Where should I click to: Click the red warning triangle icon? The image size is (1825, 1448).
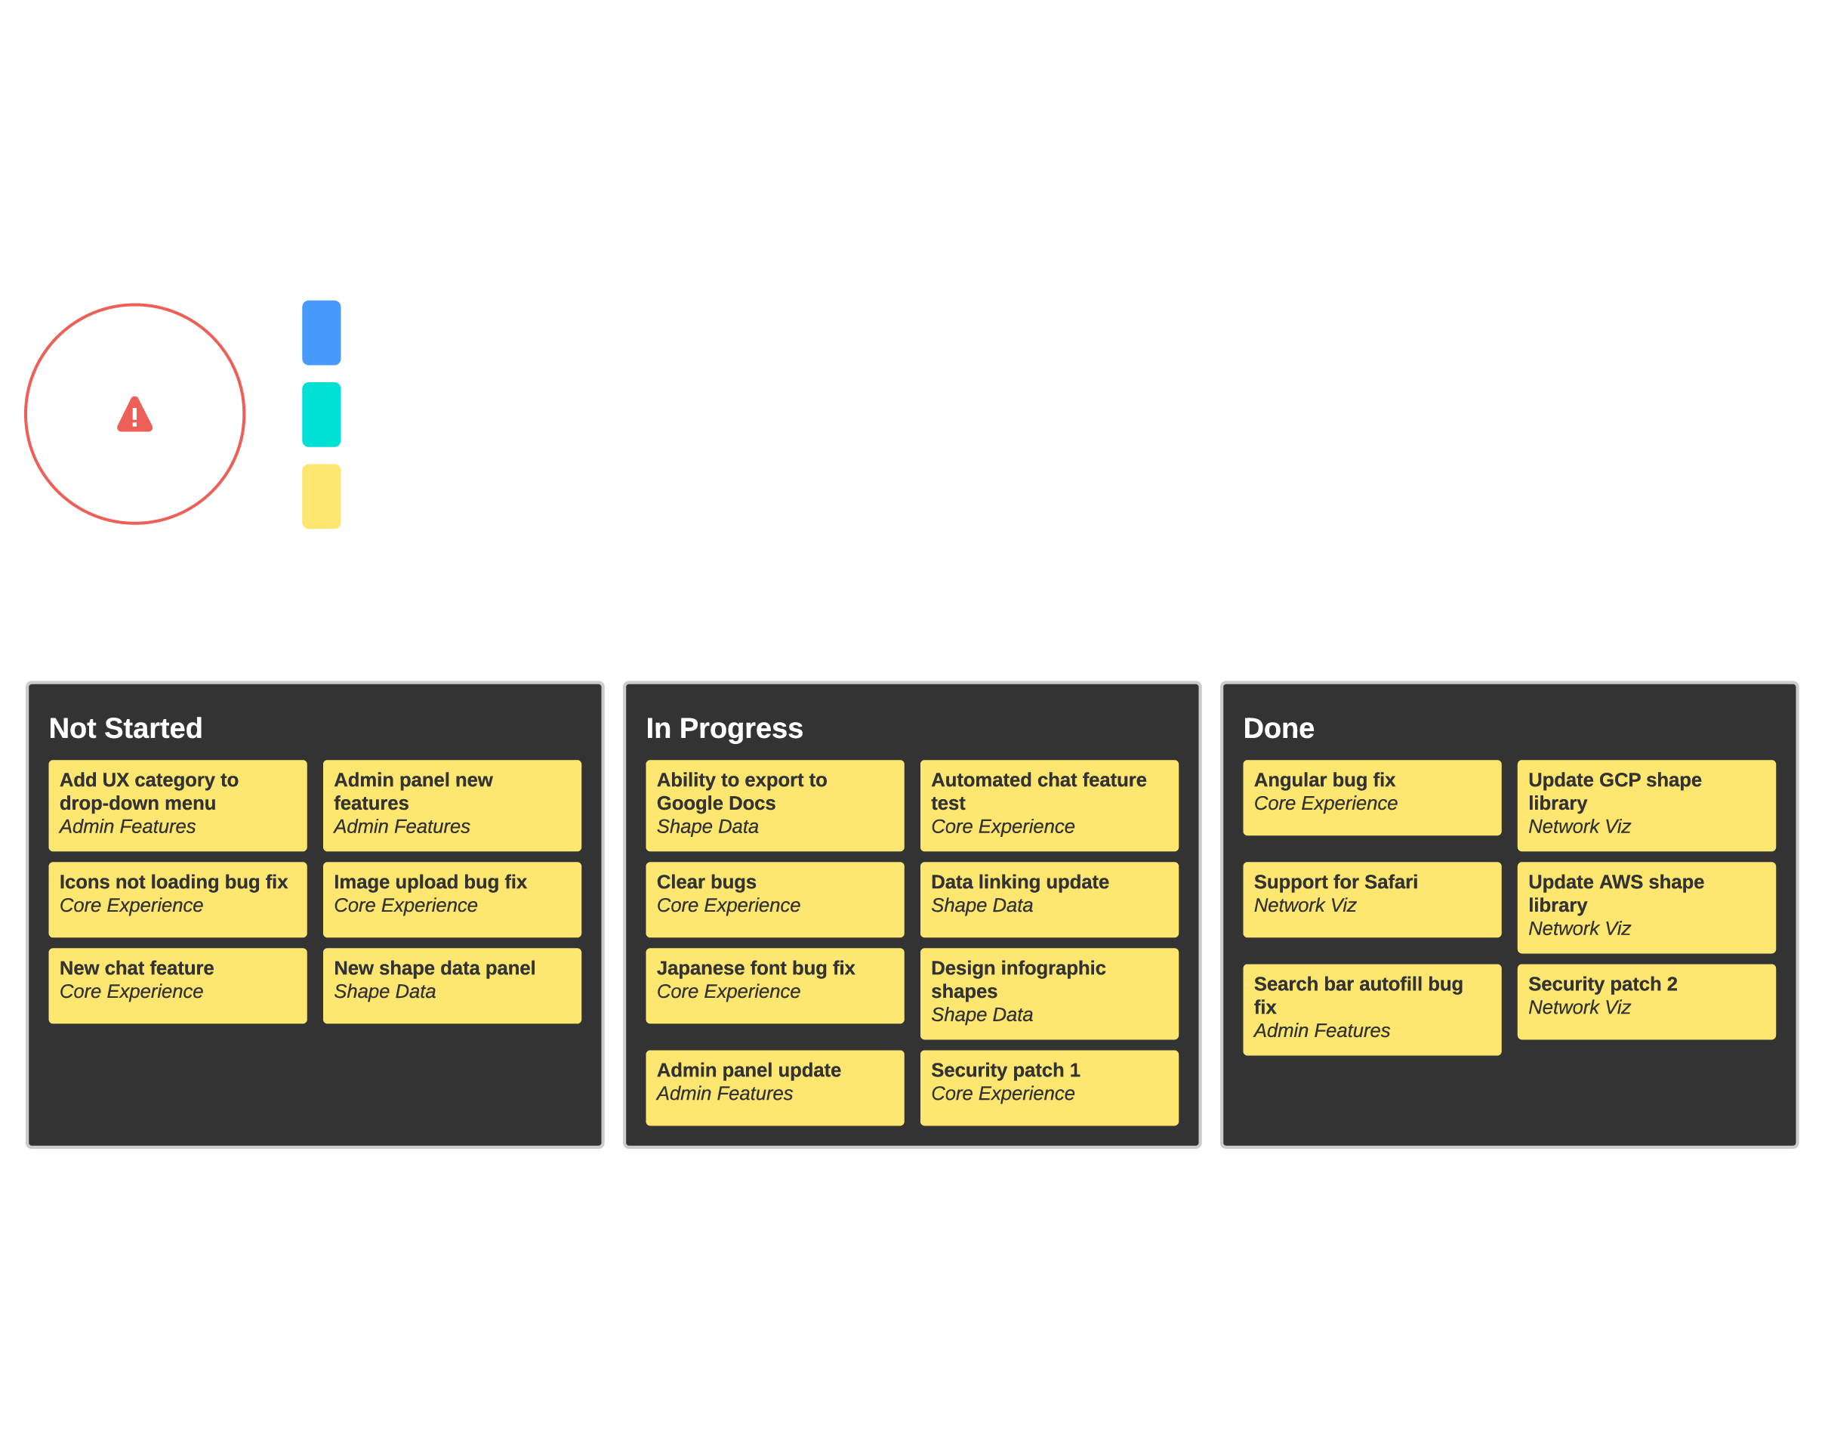tap(134, 415)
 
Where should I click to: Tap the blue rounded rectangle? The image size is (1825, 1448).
tap(322, 333)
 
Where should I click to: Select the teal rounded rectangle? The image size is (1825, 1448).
tap(322, 415)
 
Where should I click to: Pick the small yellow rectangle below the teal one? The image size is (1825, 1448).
tap(322, 496)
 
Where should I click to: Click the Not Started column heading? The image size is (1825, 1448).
tap(125, 728)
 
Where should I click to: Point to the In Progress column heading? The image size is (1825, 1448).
tap(724, 728)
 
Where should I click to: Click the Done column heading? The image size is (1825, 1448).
tap(1278, 728)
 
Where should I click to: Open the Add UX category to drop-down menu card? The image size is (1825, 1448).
tap(177, 804)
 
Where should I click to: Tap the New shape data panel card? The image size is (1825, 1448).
tap(452, 985)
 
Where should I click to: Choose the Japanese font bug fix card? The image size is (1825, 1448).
tap(775, 985)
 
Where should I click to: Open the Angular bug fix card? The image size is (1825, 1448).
tap(1371, 797)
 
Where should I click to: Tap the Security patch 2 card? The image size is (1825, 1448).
tap(1645, 1001)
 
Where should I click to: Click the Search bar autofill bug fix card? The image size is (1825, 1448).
tap(1371, 1008)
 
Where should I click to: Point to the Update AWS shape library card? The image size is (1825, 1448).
tap(1645, 907)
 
